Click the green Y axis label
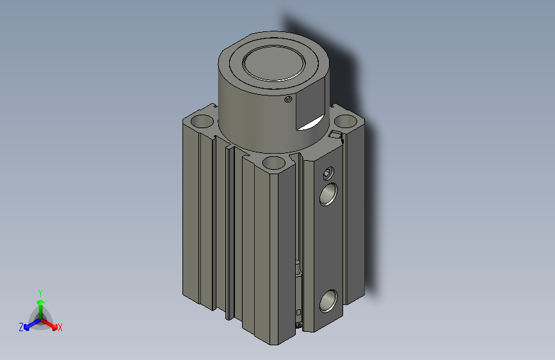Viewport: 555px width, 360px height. pyautogui.click(x=40, y=291)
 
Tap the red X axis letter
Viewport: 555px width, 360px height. pyautogui.click(x=60, y=328)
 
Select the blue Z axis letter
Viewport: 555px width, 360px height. pyautogui.click(x=21, y=327)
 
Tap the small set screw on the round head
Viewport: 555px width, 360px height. pyautogui.click(x=288, y=99)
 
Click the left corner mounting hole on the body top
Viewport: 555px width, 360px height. pyautogui.click(x=202, y=120)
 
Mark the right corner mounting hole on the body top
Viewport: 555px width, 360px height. pyautogui.click(x=346, y=120)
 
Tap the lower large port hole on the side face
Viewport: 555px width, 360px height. pyautogui.click(x=329, y=299)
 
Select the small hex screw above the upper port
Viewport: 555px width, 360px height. pyautogui.click(x=329, y=173)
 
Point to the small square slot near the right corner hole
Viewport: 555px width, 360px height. pyautogui.click(x=335, y=135)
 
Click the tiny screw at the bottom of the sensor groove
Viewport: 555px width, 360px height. pyautogui.click(x=299, y=325)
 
